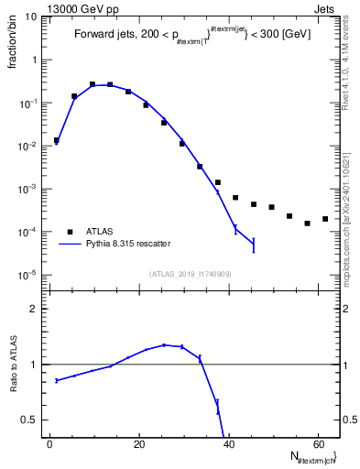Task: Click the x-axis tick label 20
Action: coord(138,442)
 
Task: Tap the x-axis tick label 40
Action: coord(228,442)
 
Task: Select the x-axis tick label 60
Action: coord(317,442)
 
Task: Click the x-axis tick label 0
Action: coord(49,442)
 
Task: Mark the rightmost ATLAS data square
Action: coord(325,219)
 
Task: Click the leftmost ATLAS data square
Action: coord(56,141)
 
